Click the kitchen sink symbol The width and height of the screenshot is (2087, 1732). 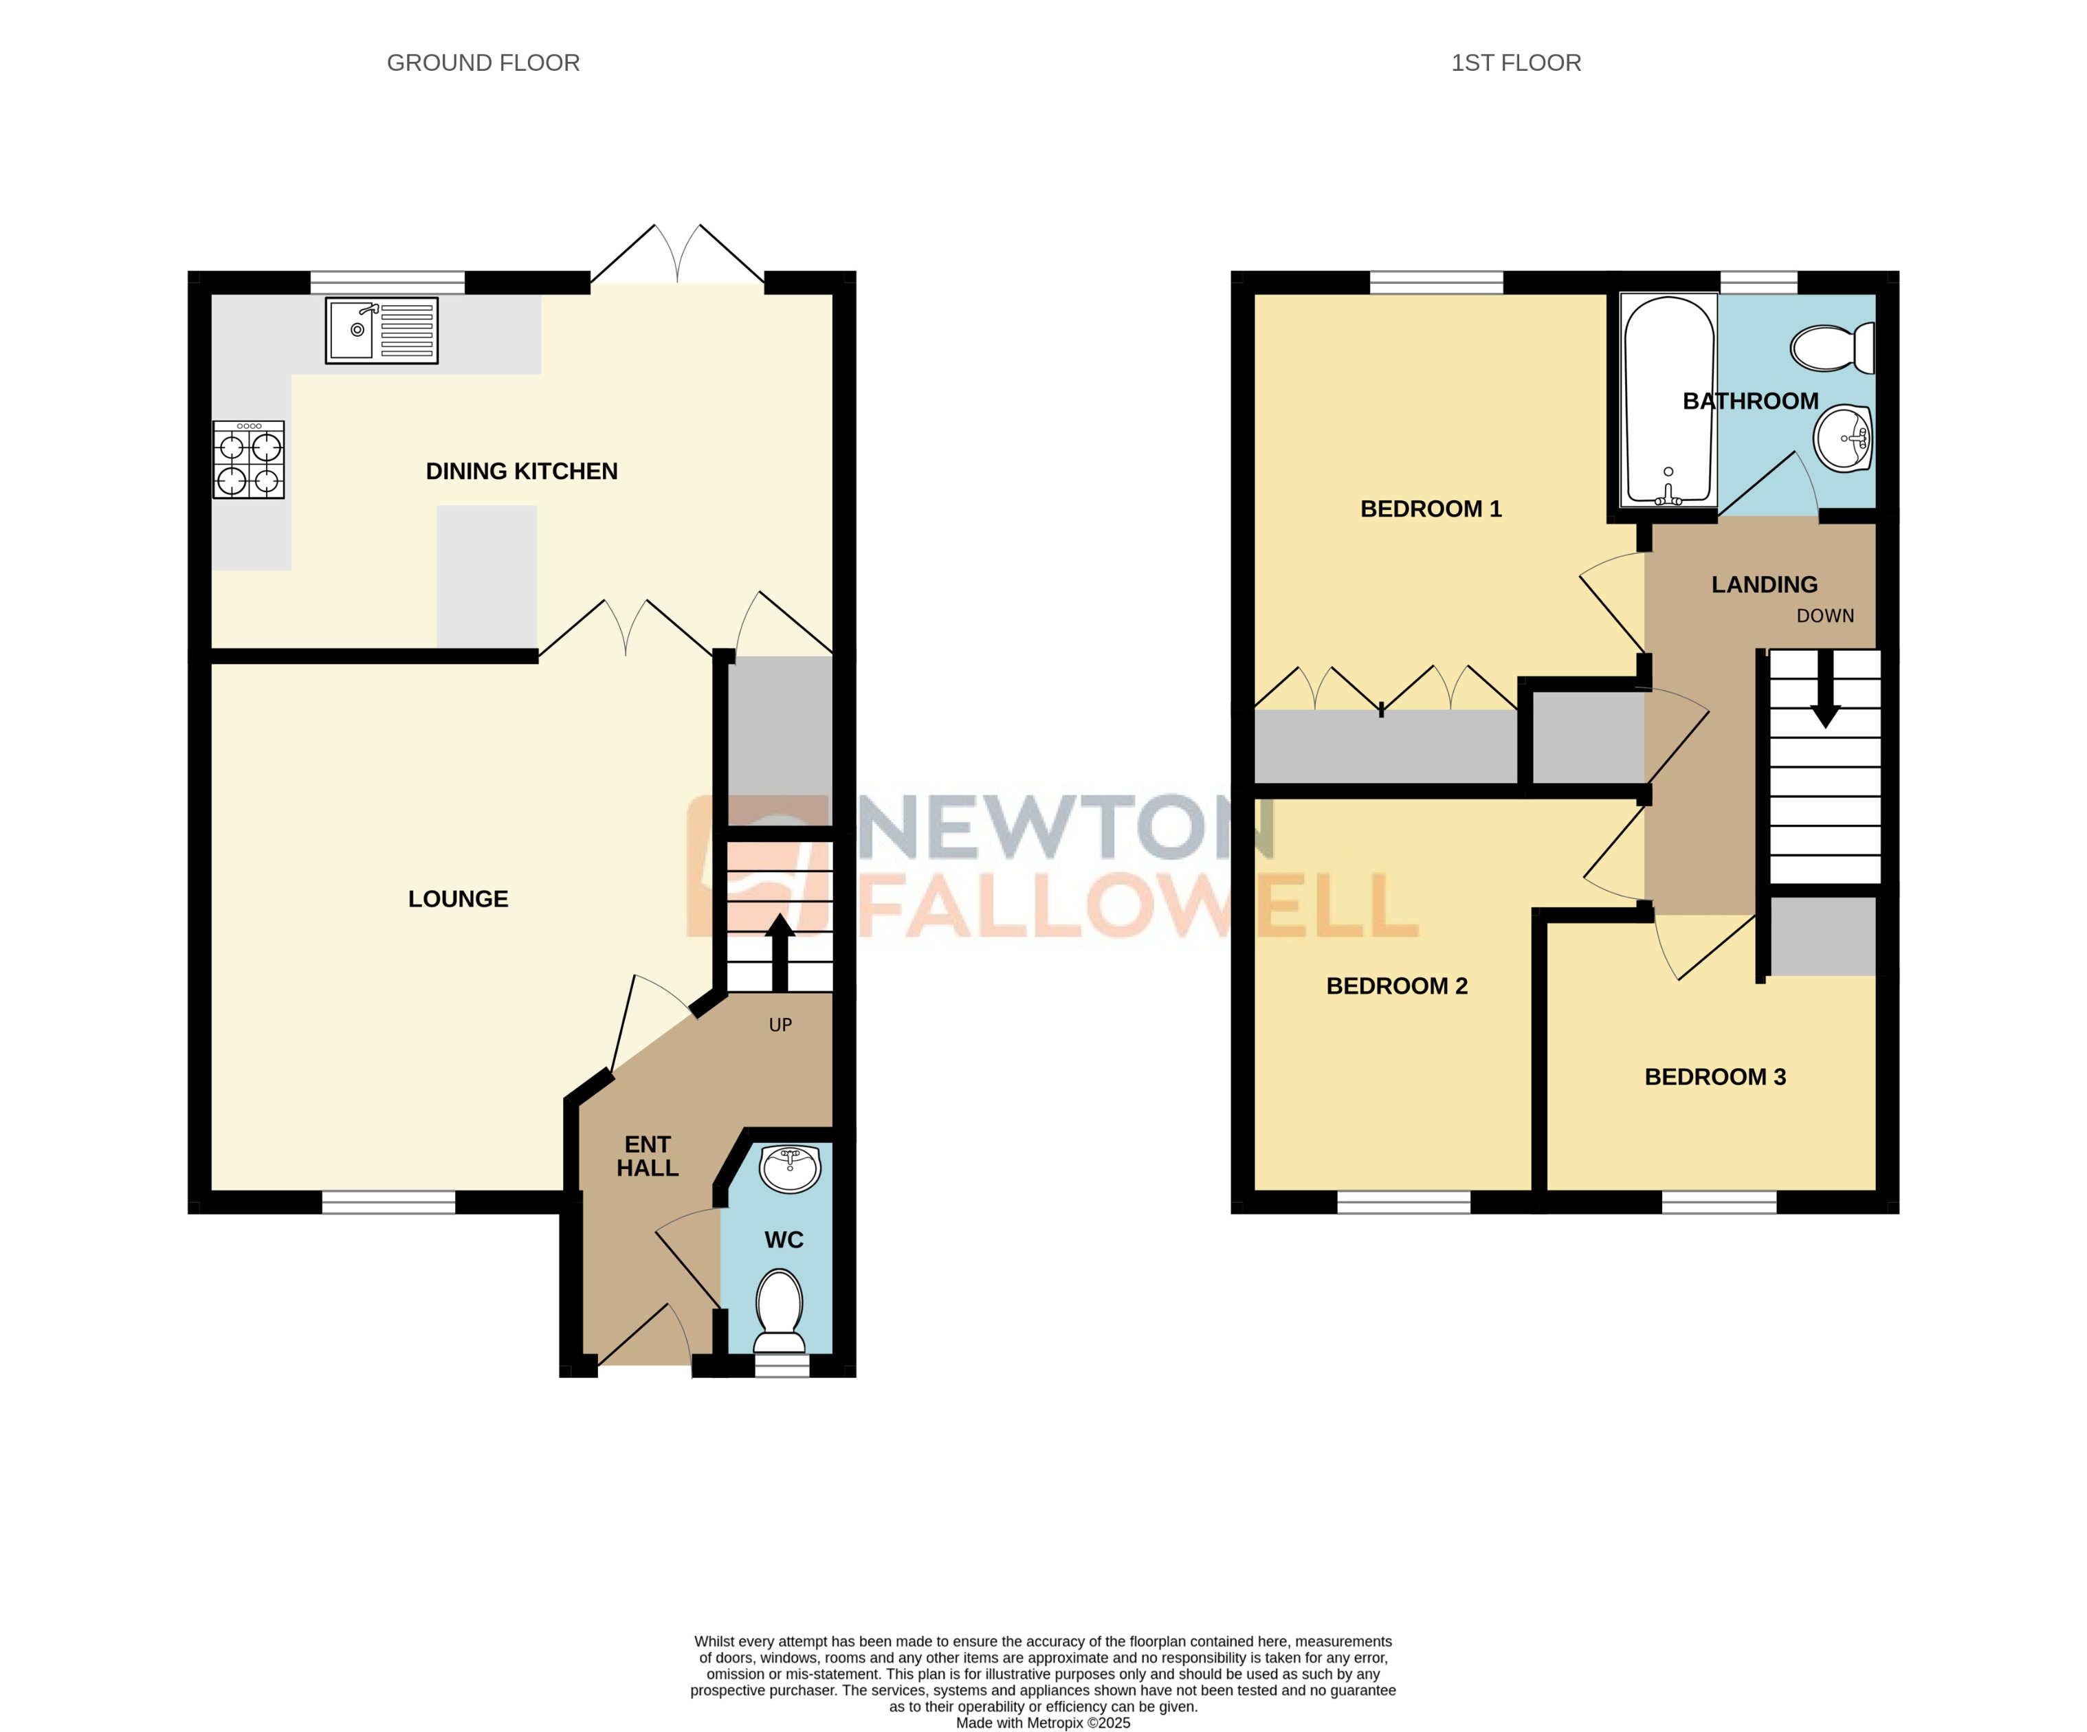click(x=382, y=330)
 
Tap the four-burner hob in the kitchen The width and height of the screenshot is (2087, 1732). click(x=248, y=459)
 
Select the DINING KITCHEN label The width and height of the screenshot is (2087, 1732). click(x=522, y=471)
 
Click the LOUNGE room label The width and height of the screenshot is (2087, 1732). click(x=458, y=898)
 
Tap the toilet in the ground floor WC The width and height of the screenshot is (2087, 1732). click(x=780, y=1310)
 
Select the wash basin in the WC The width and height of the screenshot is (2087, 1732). click(x=789, y=1168)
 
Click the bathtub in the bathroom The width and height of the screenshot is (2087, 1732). click(x=1668, y=401)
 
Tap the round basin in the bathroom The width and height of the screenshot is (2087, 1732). click(x=1844, y=438)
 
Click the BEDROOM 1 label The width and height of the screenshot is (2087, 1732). click(x=1430, y=509)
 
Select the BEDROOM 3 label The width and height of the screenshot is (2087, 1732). click(x=1714, y=1076)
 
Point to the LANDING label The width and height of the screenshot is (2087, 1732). click(x=1764, y=584)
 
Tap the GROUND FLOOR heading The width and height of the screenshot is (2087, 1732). click(x=483, y=63)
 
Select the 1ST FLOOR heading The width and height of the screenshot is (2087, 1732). click(x=1516, y=63)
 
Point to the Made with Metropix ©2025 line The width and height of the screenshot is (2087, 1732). click(x=1043, y=1723)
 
